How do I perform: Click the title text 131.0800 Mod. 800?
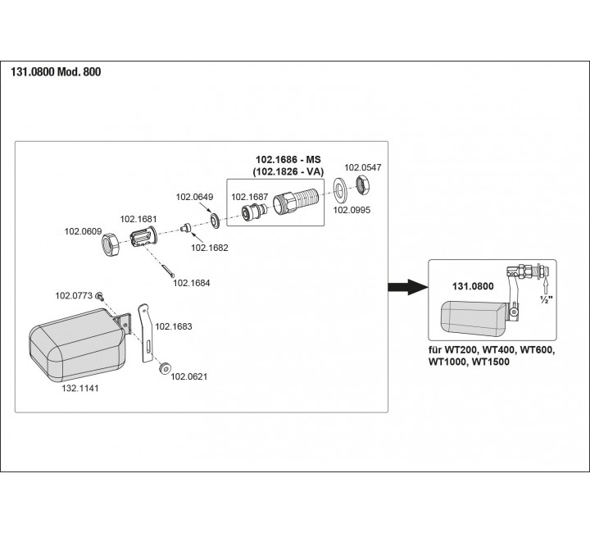click(56, 71)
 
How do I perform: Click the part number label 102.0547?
click(362, 167)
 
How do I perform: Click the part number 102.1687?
click(249, 197)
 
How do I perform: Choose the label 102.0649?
click(195, 197)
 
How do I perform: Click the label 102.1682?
click(210, 247)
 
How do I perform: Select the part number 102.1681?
click(138, 219)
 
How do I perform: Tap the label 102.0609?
click(83, 232)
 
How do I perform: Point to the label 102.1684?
click(191, 284)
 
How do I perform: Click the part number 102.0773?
click(72, 294)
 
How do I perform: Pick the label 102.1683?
click(174, 326)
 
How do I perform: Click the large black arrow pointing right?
click(406, 286)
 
